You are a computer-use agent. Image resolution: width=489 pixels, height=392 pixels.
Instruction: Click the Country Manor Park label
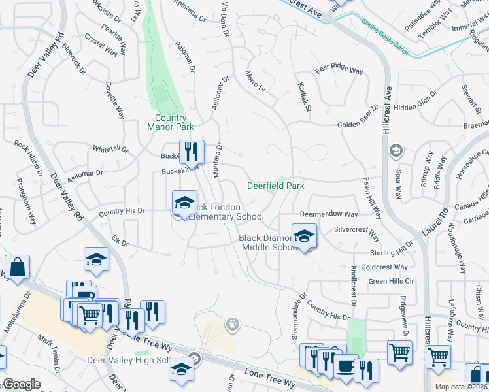[x=167, y=123]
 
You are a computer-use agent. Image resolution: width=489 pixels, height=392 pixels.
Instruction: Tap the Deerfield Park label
[x=276, y=186]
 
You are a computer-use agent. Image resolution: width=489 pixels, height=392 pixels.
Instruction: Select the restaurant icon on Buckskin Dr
[x=192, y=153]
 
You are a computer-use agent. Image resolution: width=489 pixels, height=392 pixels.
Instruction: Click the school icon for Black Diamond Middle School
[x=304, y=237]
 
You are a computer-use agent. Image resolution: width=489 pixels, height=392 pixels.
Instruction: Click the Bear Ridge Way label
[x=339, y=69]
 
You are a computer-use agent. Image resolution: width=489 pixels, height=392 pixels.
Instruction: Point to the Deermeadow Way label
[x=329, y=214]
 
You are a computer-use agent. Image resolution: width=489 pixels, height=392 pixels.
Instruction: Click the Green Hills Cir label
[x=392, y=281]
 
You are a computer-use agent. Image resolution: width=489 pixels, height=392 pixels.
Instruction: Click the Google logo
[x=22, y=384]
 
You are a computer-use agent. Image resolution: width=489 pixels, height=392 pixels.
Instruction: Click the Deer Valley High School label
[x=137, y=361]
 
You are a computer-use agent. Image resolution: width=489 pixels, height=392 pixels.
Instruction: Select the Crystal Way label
[x=101, y=47]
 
